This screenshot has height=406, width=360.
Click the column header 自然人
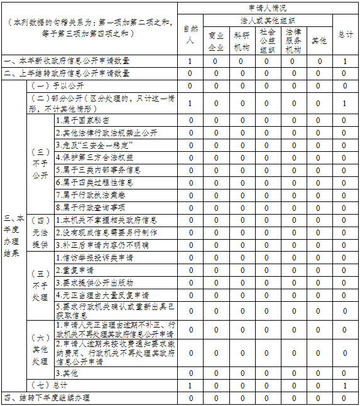tap(190, 34)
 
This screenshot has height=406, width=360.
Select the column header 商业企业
tap(215, 41)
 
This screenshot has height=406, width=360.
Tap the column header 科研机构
tap(241, 41)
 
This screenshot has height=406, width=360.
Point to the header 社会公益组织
tap(266, 41)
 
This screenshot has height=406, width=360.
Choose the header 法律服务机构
tap(292, 40)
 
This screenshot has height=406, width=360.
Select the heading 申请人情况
tap(267, 8)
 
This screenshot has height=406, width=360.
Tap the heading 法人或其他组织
tap(267, 20)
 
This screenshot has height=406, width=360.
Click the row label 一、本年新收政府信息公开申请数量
tap(67, 61)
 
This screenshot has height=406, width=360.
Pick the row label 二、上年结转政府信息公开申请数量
tap(67, 73)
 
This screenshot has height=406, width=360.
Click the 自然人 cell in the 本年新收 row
tap(190, 61)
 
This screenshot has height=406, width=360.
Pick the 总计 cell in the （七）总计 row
tap(344, 385)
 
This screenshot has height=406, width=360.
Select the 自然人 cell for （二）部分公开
tap(190, 103)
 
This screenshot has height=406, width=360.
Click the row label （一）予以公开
tap(57, 85)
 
